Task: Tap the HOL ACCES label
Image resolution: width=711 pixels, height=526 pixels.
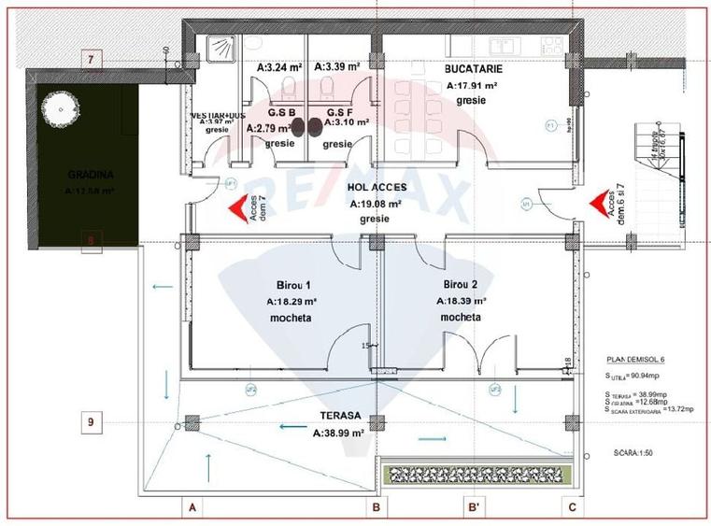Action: (x=376, y=188)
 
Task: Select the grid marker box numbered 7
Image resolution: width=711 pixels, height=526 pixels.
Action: (x=91, y=60)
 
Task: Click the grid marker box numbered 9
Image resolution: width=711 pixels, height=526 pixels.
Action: (x=91, y=422)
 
